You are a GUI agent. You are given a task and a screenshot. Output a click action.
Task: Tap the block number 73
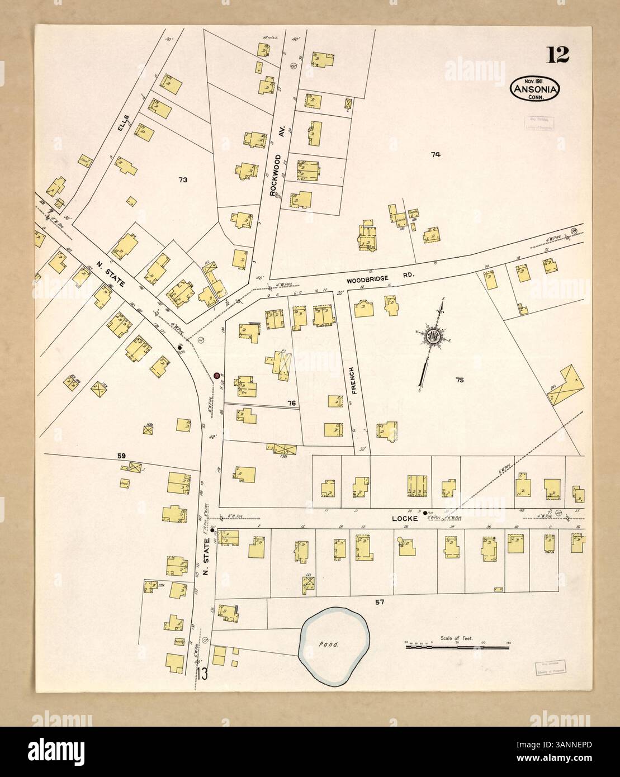[183, 180]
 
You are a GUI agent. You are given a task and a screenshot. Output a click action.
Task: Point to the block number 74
[436, 155]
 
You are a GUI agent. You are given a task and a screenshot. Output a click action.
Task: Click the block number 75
[460, 380]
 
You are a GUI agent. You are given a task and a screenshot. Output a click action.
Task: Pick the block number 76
[291, 402]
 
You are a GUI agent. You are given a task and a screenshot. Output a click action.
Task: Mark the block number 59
[121, 456]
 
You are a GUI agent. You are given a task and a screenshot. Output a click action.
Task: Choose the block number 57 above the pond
[380, 602]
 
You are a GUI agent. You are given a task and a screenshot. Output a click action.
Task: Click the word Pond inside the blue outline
[326, 643]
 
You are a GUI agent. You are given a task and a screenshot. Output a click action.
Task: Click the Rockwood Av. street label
[273, 175]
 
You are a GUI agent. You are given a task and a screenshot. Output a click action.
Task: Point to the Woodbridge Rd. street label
[370, 281]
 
